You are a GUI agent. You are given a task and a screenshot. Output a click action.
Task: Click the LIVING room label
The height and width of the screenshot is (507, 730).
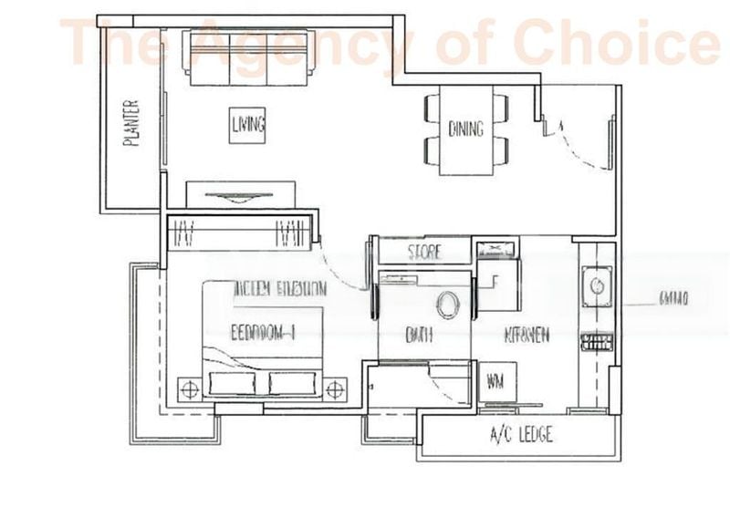click(x=247, y=124)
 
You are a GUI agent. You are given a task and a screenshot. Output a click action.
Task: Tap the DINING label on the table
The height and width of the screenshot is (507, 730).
click(x=465, y=129)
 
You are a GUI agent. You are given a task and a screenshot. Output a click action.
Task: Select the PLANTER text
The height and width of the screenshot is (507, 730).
click(x=132, y=123)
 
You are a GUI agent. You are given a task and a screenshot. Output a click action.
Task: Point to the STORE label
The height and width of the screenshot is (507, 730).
click(x=423, y=251)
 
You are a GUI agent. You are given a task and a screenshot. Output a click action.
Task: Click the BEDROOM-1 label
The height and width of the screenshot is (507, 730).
click(x=266, y=332)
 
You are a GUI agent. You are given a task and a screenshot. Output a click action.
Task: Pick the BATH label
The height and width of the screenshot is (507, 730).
click(x=419, y=336)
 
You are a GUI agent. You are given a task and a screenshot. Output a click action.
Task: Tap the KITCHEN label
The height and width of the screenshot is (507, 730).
click(x=527, y=336)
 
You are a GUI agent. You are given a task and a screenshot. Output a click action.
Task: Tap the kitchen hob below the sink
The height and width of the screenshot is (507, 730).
click(x=596, y=343)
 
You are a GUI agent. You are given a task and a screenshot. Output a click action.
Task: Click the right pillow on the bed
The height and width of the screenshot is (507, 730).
click(x=295, y=383)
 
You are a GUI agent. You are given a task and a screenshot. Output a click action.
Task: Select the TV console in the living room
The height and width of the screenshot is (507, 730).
click(x=241, y=195)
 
